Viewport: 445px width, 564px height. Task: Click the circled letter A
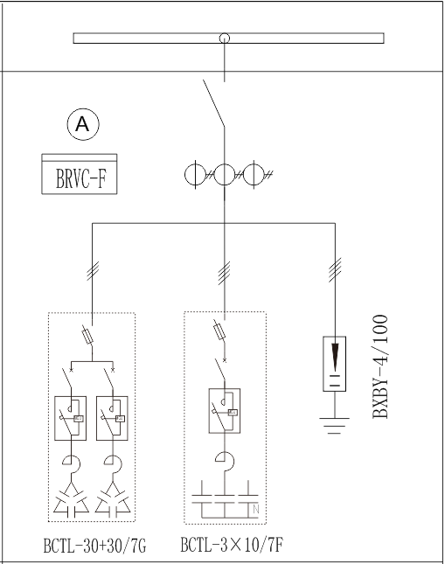pyautogui.click(x=83, y=124)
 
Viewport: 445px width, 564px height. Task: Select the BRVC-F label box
pyautogui.click(x=80, y=174)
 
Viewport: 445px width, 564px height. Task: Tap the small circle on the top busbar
pyautogui.click(x=225, y=38)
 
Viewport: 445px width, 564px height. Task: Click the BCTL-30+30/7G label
pyautogui.click(x=94, y=546)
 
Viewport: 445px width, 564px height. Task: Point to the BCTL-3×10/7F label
pyautogui.click(x=232, y=545)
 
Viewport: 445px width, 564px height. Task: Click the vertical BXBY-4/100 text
pyautogui.click(x=380, y=366)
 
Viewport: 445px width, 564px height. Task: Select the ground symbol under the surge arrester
pyautogui.click(x=335, y=426)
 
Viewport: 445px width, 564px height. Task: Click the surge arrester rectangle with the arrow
pyautogui.click(x=335, y=364)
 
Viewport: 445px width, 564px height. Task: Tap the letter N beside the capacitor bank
pyautogui.click(x=256, y=509)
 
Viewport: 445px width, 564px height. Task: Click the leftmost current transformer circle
pyautogui.click(x=195, y=175)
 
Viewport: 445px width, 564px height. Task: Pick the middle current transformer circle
pyautogui.click(x=225, y=175)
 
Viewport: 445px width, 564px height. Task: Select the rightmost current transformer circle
pyautogui.click(x=254, y=175)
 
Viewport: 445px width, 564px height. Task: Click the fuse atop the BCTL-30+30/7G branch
pyautogui.click(x=88, y=336)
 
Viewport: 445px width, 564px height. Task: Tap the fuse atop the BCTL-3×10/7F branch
pyautogui.click(x=219, y=331)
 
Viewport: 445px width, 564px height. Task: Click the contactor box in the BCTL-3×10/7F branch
pyautogui.click(x=225, y=410)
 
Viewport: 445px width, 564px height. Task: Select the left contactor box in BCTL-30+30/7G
pyautogui.click(x=70, y=418)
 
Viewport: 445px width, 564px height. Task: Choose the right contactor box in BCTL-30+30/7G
pyautogui.click(x=112, y=418)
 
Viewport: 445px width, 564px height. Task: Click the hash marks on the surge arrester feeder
pyautogui.click(x=335, y=270)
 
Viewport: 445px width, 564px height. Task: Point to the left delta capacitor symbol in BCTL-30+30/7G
pyautogui.click(x=71, y=499)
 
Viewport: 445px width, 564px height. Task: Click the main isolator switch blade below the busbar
pyautogui.click(x=214, y=103)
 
